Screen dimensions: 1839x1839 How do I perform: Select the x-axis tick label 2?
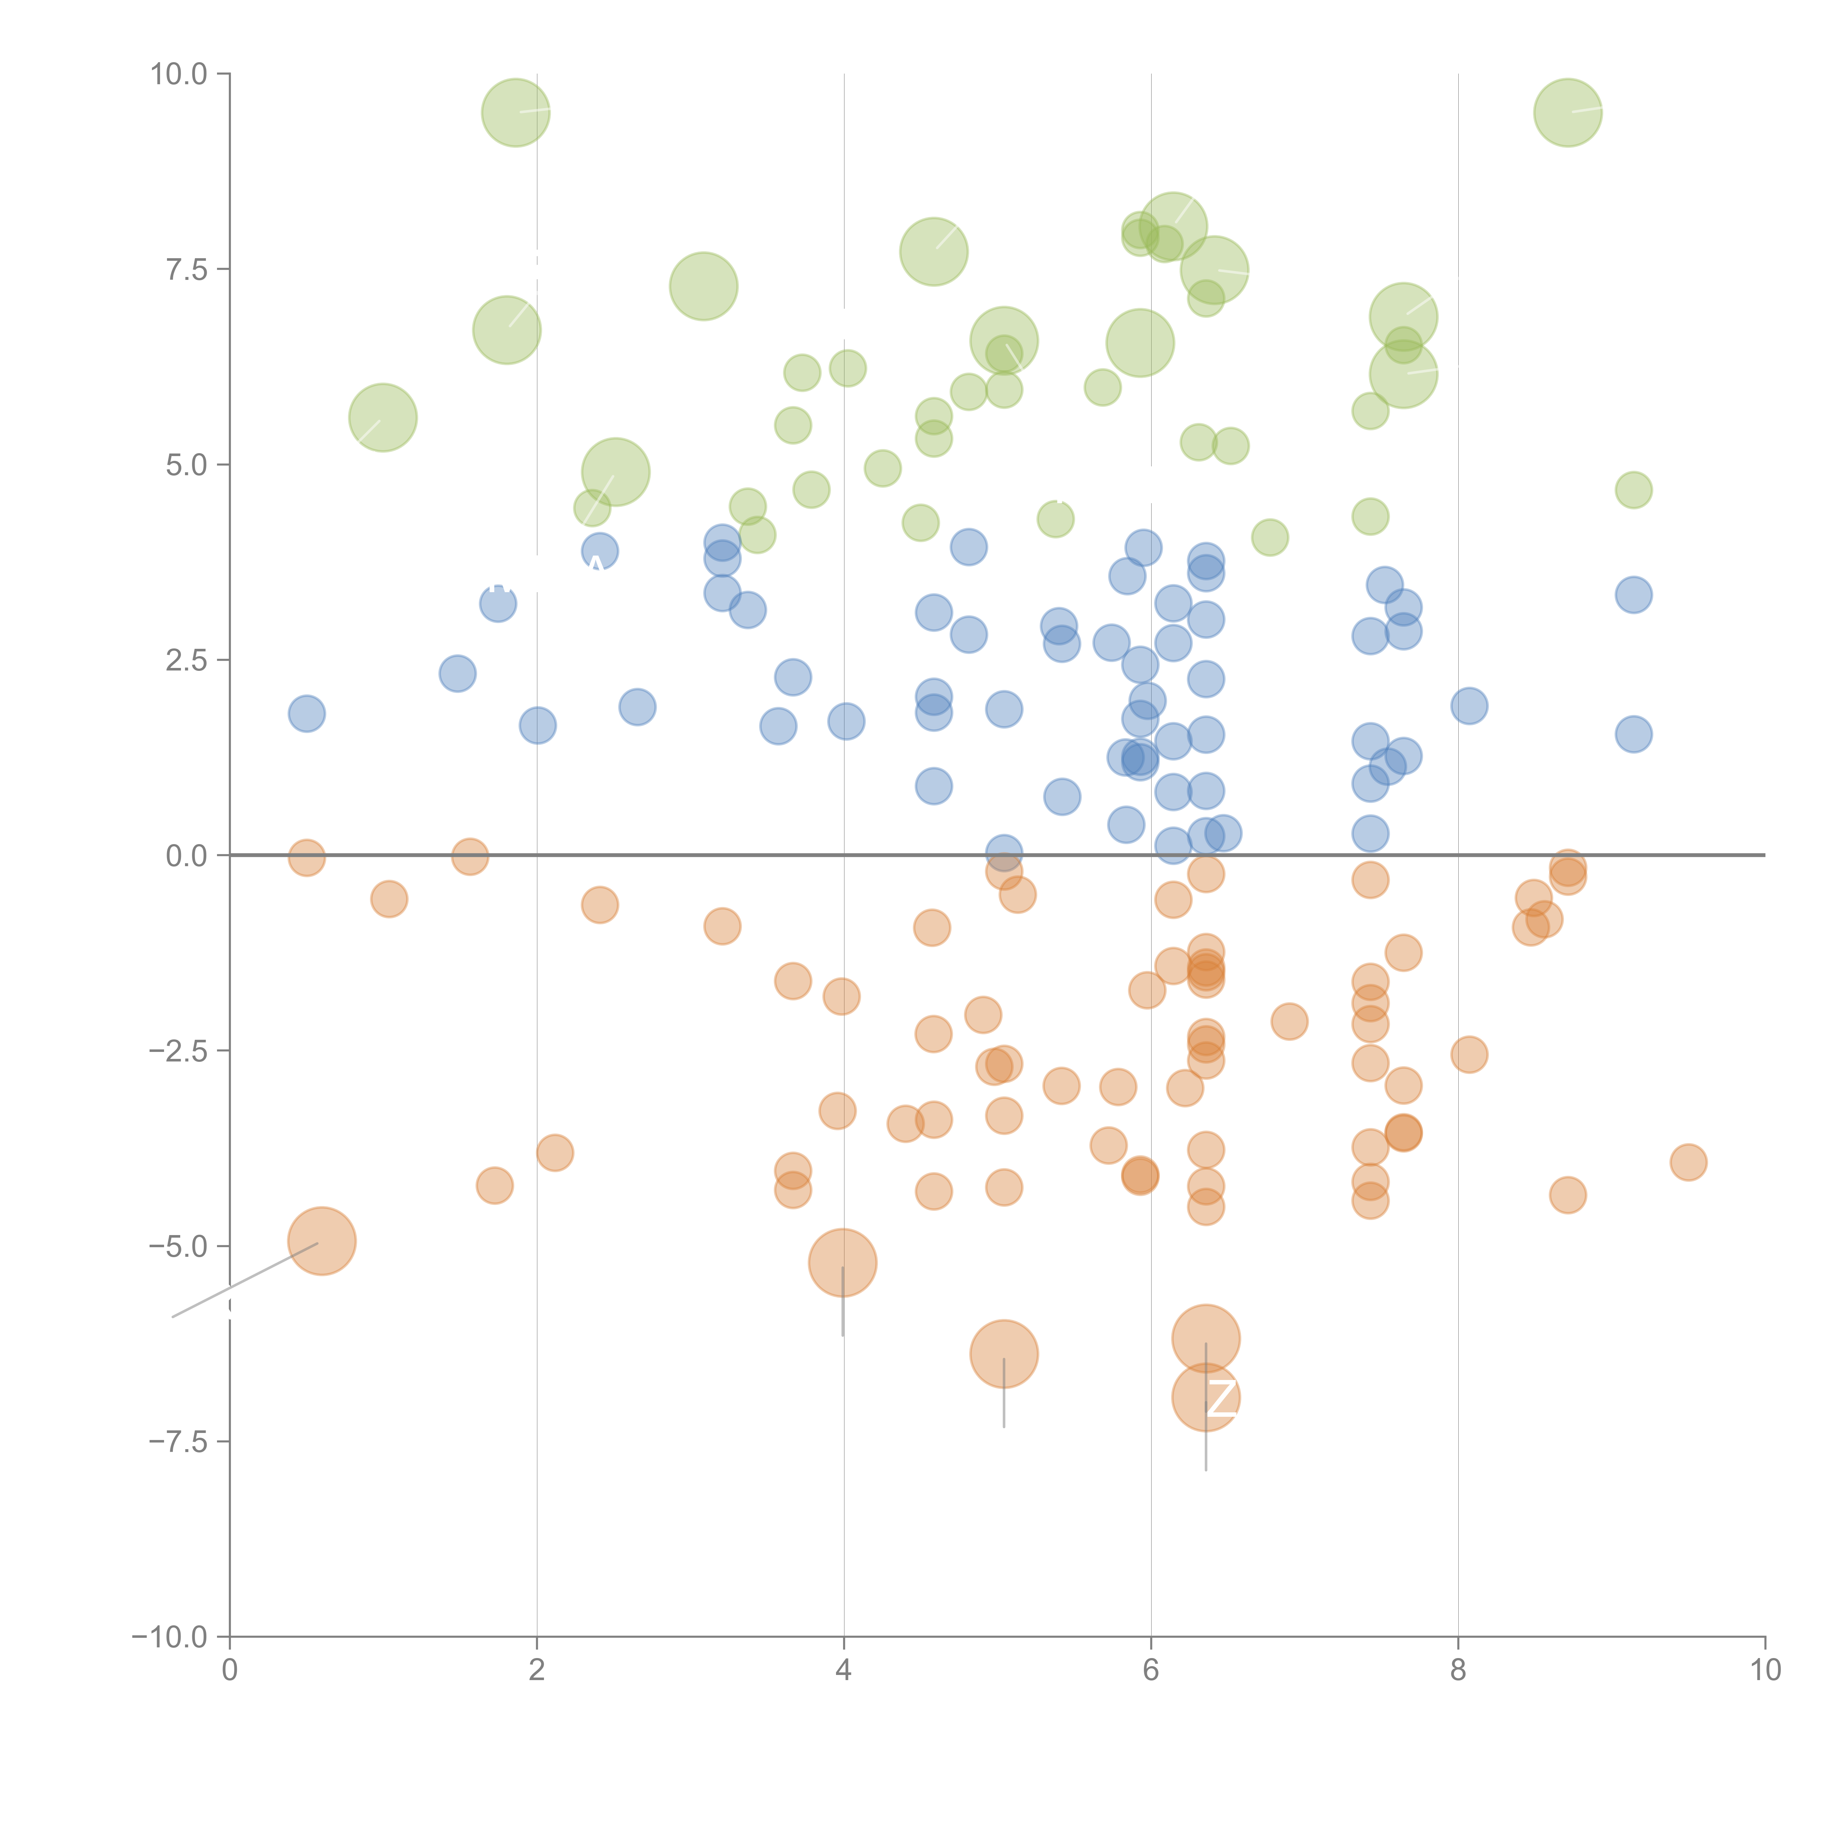(537, 1671)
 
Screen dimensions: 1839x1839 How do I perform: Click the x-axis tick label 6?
(1151, 1671)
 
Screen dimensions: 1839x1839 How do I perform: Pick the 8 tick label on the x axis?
(1458, 1671)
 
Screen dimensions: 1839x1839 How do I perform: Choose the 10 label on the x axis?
(1765, 1671)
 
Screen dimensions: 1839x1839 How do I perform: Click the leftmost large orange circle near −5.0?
(322, 1241)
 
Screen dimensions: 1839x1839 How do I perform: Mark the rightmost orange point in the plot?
(1688, 1162)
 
